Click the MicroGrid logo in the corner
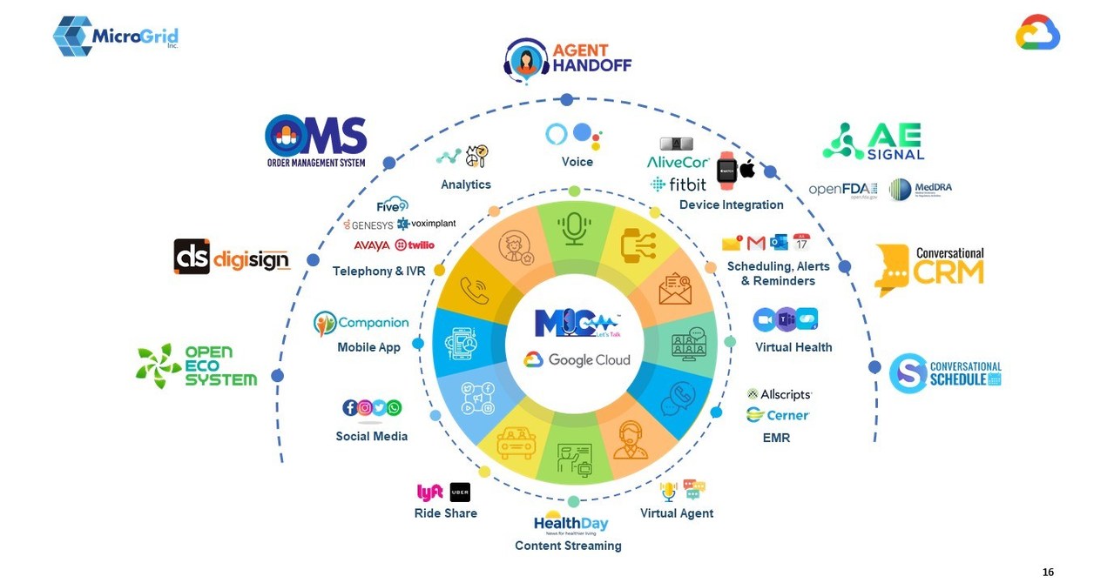(x=115, y=36)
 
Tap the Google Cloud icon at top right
(x=1037, y=32)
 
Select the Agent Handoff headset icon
(x=526, y=60)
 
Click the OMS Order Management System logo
(x=315, y=141)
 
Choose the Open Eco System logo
(x=196, y=365)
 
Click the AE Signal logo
(x=873, y=141)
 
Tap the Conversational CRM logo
(x=929, y=270)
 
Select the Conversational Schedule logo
(x=945, y=373)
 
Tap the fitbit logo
(x=679, y=184)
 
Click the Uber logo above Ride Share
(x=460, y=493)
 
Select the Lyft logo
(x=430, y=493)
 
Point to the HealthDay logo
(x=571, y=523)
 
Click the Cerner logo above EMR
(x=778, y=415)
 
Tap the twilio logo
(x=415, y=245)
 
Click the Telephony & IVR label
(x=379, y=271)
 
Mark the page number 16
(x=1048, y=572)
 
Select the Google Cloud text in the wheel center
(x=577, y=360)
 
